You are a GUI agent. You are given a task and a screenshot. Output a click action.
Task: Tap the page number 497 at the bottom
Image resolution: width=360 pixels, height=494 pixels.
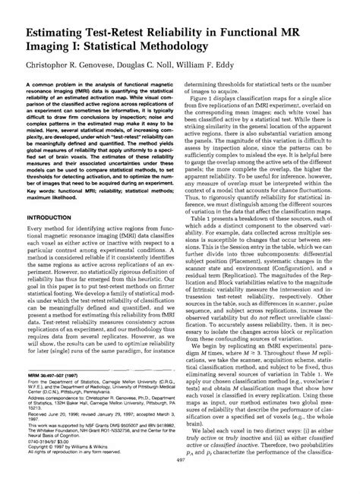tap(180, 483)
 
